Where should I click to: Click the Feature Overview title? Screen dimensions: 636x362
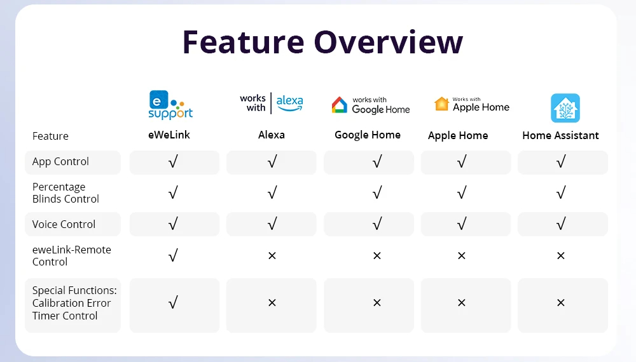click(x=322, y=42)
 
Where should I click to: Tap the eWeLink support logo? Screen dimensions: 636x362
click(x=170, y=105)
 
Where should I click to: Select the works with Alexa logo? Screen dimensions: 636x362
click(x=272, y=104)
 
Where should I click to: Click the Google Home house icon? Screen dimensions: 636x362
click(x=340, y=104)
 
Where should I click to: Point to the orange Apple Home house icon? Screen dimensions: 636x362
click(x=441, y=104)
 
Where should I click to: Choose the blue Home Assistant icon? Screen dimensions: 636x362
click(x=565, y=108)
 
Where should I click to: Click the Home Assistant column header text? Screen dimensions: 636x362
click(x=560, y=135)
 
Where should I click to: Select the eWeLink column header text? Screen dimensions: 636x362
click(x=169, y=135)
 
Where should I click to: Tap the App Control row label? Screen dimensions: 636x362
click(x=60, y=161)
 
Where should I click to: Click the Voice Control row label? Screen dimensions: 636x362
click(x=64, y=224)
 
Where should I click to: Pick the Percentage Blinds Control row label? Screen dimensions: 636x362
click(x=66, y=192)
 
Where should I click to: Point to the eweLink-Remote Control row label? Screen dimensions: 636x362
click(x=72, y=255)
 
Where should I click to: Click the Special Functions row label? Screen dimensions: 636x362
click(x=74, y=303)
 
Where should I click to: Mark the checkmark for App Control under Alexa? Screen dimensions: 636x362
click(x=272, y=161)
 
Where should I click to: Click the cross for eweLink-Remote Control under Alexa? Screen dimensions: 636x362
click(x=272, y=255)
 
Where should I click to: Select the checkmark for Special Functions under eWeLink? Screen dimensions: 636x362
click(x=173, y=302)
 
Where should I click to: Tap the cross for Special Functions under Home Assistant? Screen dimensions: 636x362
click(x=561, y=302)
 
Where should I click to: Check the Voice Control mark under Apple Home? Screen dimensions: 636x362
click(x=462, y=224)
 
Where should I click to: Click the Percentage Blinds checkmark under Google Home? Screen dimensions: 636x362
click(x=377, y=192)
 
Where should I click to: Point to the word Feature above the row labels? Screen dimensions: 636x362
click(x=50, y=136)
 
